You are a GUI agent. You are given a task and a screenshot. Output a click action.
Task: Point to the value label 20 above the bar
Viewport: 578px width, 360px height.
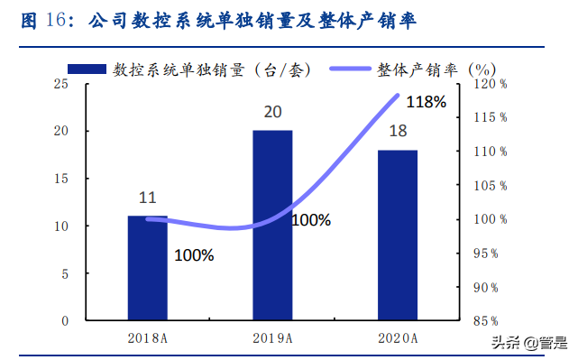pyautogui.click(x=272, y=113)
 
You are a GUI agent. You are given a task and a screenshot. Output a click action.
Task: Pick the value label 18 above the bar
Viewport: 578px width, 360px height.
pyautogui.click(x=398, y=132)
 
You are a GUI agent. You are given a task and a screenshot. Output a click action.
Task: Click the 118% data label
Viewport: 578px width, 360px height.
pyautogui.click(x=427, y=102)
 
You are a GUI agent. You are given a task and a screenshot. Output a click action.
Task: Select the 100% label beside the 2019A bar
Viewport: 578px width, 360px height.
pyautogui.click(x=311, y=220)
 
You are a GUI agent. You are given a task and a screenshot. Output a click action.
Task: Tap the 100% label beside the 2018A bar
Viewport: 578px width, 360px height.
pyautogui.click(x=194, y=255)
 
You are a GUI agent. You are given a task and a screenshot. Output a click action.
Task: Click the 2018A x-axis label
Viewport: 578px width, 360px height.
pyautogui.click(x=148, y=338)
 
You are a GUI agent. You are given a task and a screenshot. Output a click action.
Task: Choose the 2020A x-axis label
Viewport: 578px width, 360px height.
pyautogui.click(x=398, y=338)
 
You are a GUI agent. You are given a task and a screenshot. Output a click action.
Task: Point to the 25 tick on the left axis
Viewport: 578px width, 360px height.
pyautogui.click(x=61, y=84)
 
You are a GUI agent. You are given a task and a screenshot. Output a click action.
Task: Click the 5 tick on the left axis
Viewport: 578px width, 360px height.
pyautogui.click(x=65, y=273)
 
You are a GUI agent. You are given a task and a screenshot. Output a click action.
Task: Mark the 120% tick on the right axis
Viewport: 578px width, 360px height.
pyautogui.click(x=491, y=84)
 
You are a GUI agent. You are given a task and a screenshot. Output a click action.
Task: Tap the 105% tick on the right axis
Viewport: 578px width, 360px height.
pyautogui.click(x=491, y=186)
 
